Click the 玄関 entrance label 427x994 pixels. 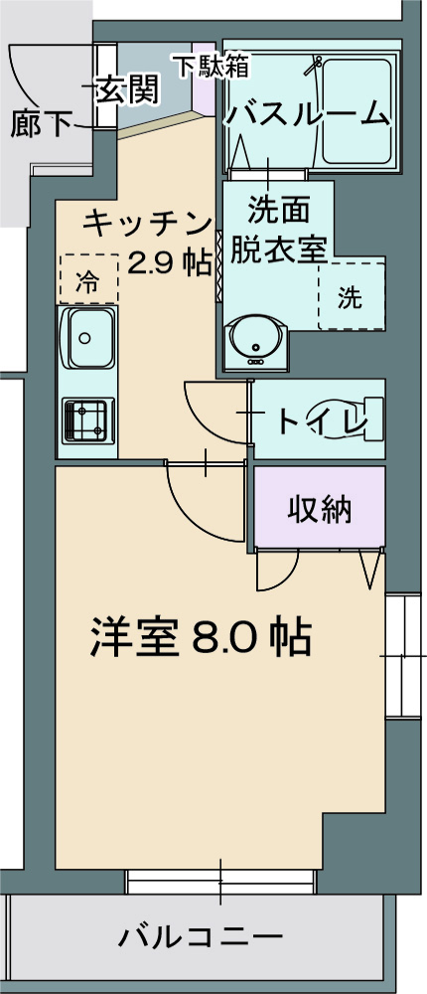click(x=128, y=90)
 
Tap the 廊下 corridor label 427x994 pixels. click(x=43, y=124)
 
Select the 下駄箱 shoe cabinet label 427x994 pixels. click(x=213, y=67)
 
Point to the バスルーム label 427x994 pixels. click(x=307, y=114)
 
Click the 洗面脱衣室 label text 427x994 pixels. click(x=278, y=230)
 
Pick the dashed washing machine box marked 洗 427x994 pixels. click(x=350, y=296)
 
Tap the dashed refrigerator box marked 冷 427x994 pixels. click(x=87, y=279)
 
